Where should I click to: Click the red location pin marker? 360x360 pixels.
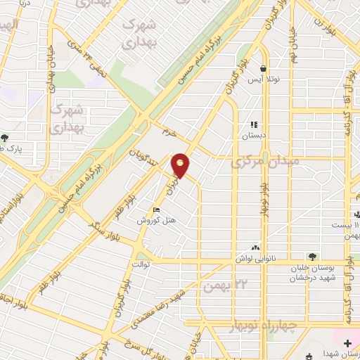click(181, 165)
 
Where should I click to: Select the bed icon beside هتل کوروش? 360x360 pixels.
click(156, 209)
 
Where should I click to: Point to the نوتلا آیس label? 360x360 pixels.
click(263, 80)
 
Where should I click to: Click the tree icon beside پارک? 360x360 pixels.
click(5, 138)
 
